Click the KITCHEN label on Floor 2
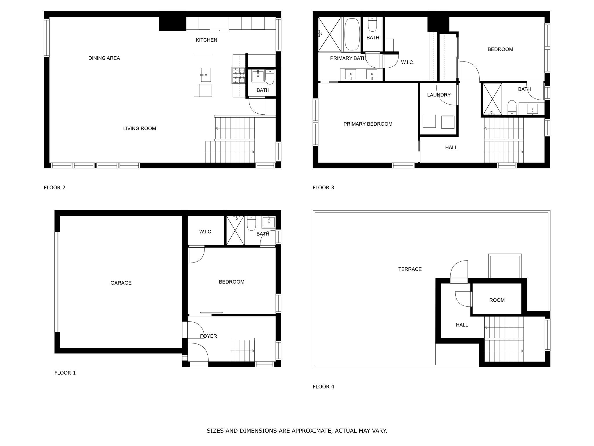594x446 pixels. [206, 40]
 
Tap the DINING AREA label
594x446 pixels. [104, 58]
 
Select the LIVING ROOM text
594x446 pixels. [140, 128]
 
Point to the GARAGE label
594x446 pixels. [121, 283]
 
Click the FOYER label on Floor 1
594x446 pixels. [209, 336]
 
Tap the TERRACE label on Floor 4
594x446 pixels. [410, 269]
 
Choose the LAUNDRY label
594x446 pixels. [439, 95]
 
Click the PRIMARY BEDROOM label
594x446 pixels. [368, 124]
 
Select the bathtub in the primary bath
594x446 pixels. [352, 35]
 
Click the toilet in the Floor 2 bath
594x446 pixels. [270, 77]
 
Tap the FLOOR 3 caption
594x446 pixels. [323, 188]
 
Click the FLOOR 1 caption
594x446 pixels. [65, 373]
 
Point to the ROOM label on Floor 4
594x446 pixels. [497, 300]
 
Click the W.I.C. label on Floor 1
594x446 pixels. [206, 232]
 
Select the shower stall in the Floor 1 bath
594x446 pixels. [235, 231]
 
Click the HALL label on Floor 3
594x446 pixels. [451, 148]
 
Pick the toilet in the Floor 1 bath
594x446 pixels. [251, 223]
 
